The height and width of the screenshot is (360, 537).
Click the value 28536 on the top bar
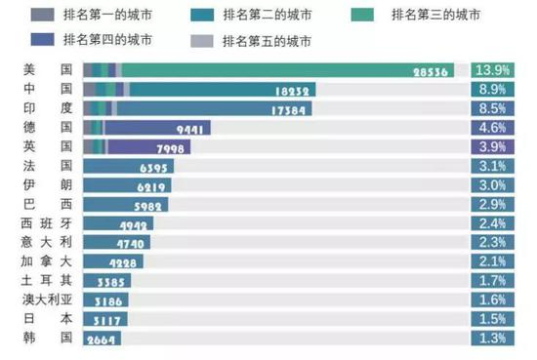click(x=431, y=70)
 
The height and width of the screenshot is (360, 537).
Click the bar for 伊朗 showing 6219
click(x=127, y=185)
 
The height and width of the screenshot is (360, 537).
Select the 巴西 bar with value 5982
click(x=125, y=205)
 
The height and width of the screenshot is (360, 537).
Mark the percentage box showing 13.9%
click(x=493, y=70)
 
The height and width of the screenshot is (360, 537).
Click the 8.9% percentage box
click(x=493, y=90)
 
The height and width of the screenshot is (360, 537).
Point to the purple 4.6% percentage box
click(x=493, y=128)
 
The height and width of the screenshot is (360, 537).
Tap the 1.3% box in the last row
click(x=493, y=339)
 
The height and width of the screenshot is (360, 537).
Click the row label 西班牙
click(x=41, y=223)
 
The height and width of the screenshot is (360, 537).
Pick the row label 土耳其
click(x=41, y=281)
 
